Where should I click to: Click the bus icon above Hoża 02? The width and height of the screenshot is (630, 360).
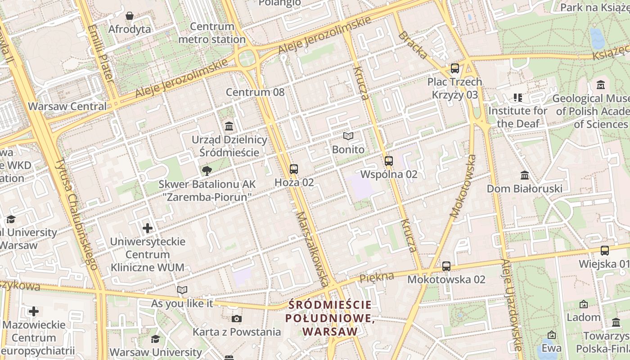pyautogui.click(x=294, y=169)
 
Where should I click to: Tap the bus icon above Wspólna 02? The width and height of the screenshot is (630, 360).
pyautogui.click(x=389, y=161)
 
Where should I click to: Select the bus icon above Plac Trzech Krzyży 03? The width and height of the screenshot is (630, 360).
pyautogui.click(x=455, y=69)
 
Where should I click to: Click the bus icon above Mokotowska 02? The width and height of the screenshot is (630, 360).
pyautogui.click(x=446, y=266)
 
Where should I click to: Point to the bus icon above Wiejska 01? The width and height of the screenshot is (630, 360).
pyautogui.click(x=605, y=251)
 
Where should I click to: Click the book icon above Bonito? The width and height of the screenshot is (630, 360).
pyautogui.click(x=348, y=136)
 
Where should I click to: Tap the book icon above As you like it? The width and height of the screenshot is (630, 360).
pyautogui.click(x=182, y=290)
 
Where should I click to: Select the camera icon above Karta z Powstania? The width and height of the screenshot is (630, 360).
pyautogui.click(x=237, y=319)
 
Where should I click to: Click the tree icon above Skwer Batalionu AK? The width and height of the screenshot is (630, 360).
pyautogui.click(x=207, y=171)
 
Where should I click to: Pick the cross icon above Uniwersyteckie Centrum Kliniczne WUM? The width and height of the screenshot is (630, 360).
pyautogui.click(x=147, y=229)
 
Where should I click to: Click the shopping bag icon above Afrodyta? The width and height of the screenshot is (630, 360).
pyautogui.click(x=130, y=16)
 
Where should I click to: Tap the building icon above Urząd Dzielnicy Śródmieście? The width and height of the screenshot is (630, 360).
pyautogui.click(x=229, y=126)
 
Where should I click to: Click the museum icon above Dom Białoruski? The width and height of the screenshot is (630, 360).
pyautogui.click(x=524, y=175)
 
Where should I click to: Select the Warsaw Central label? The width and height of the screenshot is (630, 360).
pyautogui.click(x=67, y=107)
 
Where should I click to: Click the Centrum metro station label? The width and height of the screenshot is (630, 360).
pyautogui.click(x=211, y=33)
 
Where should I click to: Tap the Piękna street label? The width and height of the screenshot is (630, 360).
pyautogui.click(x=377, y=277)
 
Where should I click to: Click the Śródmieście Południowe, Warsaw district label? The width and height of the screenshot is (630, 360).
pyautogui.click(x=330, y=318)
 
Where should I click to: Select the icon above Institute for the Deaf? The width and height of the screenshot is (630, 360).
pyautogui.click(x=517, y=97)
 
